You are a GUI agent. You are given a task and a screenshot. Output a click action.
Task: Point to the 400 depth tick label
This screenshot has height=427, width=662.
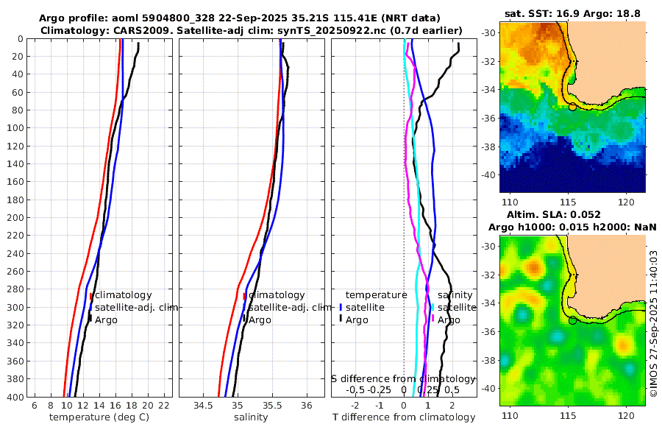pos(15,397)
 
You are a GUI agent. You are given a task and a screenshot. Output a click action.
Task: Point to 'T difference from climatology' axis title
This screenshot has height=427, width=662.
pos(404,417)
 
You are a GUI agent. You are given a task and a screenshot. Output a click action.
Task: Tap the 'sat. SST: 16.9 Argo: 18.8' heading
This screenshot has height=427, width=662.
pos(572,13)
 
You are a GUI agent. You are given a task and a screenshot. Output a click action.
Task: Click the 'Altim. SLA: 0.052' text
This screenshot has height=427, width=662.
pos(572,213)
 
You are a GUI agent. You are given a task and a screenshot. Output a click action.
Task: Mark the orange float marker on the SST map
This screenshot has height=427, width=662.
pos(572,107)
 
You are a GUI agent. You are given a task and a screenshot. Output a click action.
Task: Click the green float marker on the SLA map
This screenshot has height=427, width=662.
pos(572,320)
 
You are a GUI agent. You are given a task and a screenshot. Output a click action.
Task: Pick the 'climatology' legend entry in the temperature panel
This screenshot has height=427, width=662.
pos(121,295)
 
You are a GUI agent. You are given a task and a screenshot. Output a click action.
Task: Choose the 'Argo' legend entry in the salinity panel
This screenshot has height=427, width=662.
pos(260,320)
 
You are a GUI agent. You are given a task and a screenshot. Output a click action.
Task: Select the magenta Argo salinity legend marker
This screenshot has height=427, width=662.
pos(433,319)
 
